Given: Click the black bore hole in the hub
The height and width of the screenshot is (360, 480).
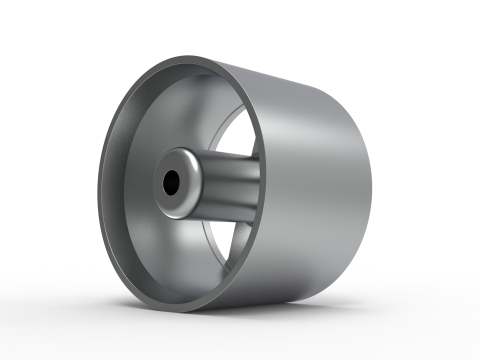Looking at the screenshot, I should (171, 182).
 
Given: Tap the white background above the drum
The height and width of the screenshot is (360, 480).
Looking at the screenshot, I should (240, 25).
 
